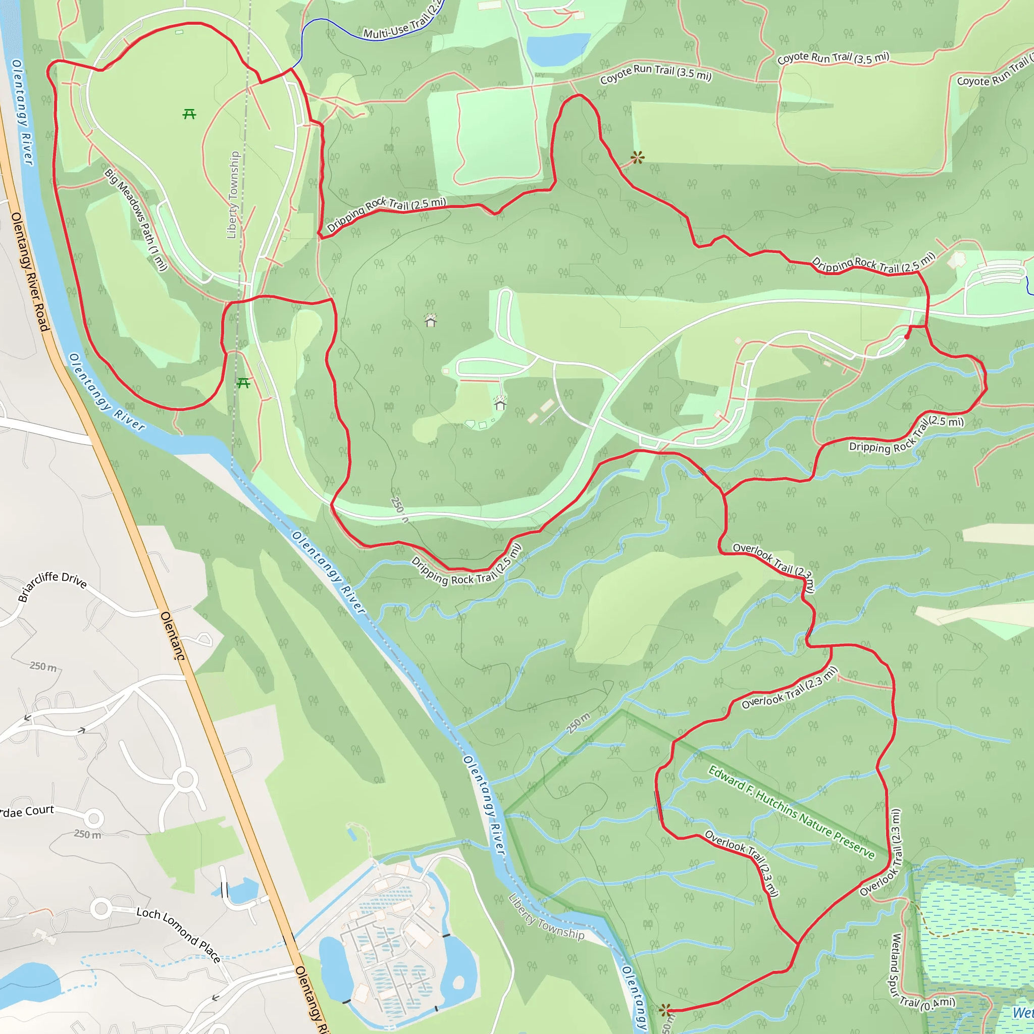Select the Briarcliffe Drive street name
pyautogui.click(x=53, y=586)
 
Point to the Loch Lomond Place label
pyautogui.click(x=178, y=934)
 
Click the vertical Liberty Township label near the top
pyautogui.click(x=233, y=195)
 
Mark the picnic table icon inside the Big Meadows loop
pyautogui.click(x=189, y=114)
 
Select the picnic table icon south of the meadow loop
pyautogui.click(x=243, y=383)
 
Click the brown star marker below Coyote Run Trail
pyautogui.click(x=637, y=158)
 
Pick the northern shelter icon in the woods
pyautogui.click(x=431, y=320)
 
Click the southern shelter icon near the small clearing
pyautogui.click(x=500, y=403)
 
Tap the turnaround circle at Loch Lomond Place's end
pyautogui.click(x=100, y=908)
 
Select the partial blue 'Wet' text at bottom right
pyautogui.click(x=1022, y=1013)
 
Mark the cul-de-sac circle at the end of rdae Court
pyautogui.click(x=94, y=818)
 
